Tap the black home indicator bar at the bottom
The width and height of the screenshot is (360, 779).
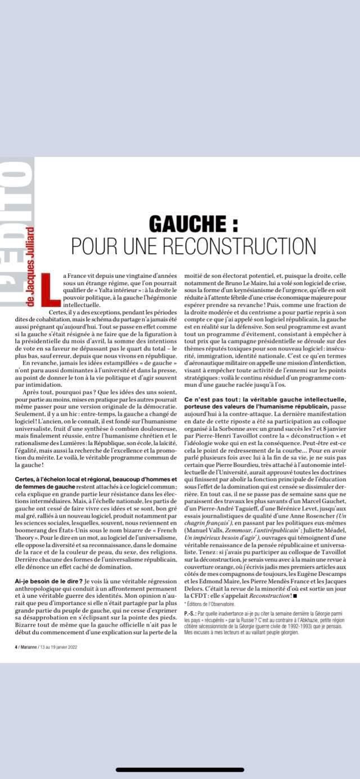click(180, 770)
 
